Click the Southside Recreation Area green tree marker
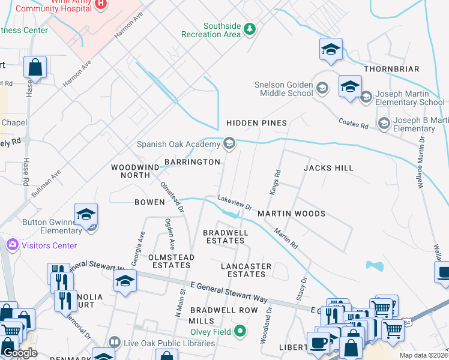pos(250,28)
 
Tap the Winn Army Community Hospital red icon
pos(101,4)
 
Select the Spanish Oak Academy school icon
pos(229,143)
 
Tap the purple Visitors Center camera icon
pos(11,245)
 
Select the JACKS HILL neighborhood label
pos(328,168)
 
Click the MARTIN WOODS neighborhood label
pos(291,214)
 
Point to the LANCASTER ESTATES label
pos(246,270)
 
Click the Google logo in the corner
pos(20,353)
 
